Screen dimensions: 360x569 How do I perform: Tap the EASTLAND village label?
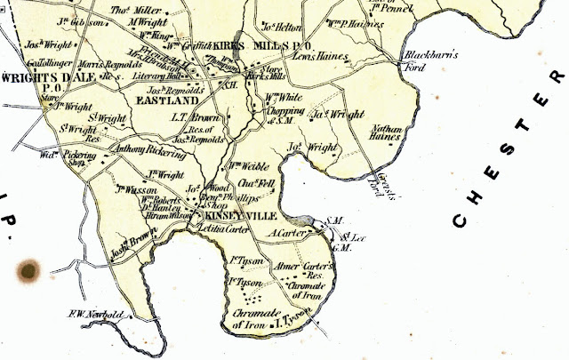point(169,101)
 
